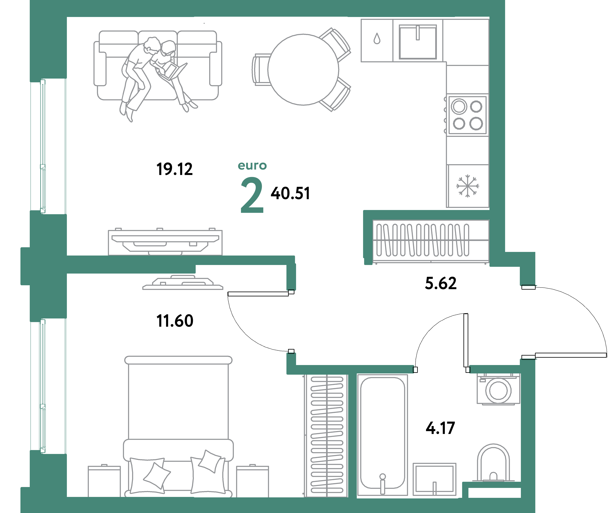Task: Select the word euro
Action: click(252, 166)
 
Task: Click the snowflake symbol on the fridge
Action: click(467, 186)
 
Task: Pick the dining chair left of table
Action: click(261, 69)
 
